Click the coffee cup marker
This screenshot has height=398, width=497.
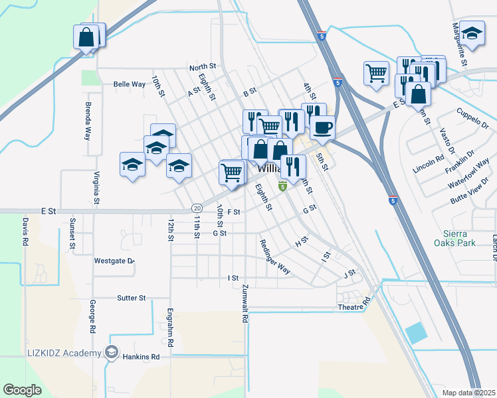[x=322, y=128]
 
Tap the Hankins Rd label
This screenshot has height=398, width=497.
[x=142, y=356]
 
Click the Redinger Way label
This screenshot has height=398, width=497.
[x=275, y=256]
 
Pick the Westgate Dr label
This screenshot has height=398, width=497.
[x=114, y=261]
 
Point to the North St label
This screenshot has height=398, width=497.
[x=203, y=67]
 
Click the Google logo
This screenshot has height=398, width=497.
[x=22, y=390]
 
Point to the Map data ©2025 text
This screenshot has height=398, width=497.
[x=469, y=393]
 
